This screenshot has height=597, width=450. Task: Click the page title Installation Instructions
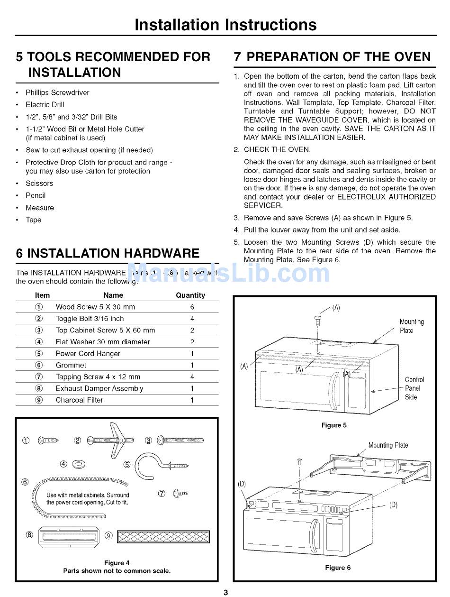(225, 25)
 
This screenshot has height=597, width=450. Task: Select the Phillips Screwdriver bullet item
(57, 92)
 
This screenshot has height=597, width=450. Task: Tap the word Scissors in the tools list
(39, 184)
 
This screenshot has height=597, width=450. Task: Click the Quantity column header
(190, 295)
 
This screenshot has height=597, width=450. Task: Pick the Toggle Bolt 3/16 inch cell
(90, 319)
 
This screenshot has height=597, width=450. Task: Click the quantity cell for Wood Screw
(192, 307)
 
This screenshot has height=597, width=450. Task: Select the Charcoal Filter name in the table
(79, 400)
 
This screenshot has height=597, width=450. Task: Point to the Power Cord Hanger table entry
(88, 354)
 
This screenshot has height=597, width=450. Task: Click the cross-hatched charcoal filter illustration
(163, 536)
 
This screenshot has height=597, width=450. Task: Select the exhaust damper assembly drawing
(69, 536)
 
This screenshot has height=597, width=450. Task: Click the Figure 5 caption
(334, 425)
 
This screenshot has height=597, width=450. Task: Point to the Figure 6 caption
(338, 568)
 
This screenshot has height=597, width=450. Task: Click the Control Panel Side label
(414, 388)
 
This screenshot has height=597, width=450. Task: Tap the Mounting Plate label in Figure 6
(388, 445)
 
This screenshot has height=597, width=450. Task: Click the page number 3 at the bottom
(225, 592)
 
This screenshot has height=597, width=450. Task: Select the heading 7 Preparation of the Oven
(333, 57)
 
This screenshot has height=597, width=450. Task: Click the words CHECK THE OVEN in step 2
(277, 150)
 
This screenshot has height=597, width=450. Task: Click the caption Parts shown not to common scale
(117, 571)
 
